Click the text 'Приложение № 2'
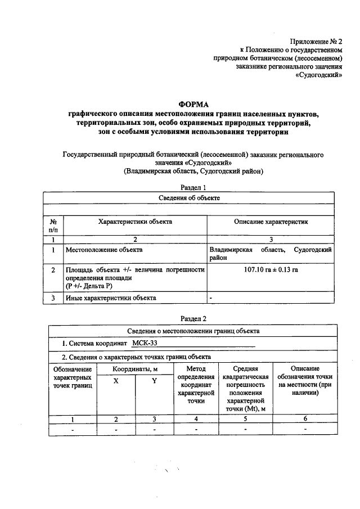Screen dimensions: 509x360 (316, 40)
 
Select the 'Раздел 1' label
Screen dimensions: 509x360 (193, 188)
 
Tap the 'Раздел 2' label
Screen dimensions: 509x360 (193, 318)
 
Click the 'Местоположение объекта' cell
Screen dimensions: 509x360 (104, 249)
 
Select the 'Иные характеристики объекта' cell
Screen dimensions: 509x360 (111, 298)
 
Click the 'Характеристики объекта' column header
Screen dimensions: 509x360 (135, 222)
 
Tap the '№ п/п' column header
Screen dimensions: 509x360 (53, 226)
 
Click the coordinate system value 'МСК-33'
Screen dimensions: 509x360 (145, 343)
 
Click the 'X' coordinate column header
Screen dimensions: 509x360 (116, 381)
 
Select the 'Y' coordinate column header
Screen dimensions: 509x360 (154, 381)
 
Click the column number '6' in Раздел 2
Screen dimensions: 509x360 (305, 419)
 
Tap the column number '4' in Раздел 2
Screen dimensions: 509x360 (196, 419)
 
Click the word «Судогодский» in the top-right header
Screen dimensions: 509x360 (319, 74)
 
